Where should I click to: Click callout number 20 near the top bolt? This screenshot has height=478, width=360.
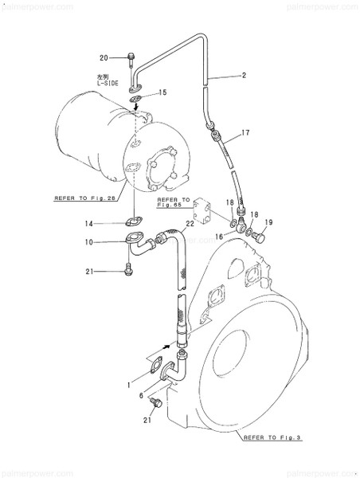(103, 57)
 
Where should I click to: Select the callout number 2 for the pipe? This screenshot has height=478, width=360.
(245, 75)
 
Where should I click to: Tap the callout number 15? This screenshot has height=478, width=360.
(162, 93)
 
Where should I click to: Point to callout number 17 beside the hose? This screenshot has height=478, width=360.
(245, 132)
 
